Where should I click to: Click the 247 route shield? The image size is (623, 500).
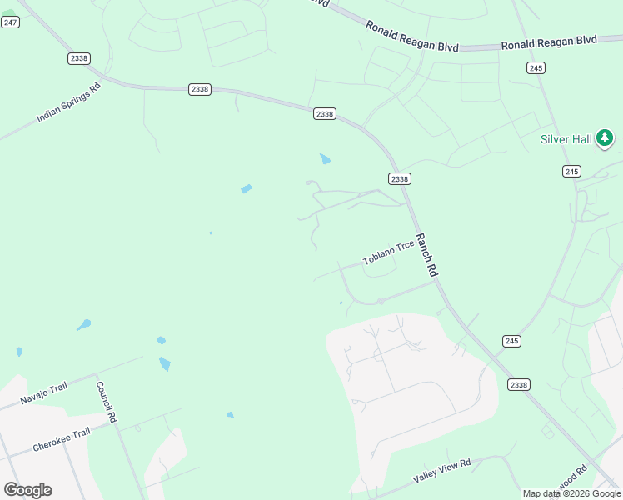(x=10, y=22)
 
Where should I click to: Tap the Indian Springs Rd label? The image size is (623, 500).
(x=68, y=102)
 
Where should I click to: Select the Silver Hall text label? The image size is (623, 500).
(x=566, y=139)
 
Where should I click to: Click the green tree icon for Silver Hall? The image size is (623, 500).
(x=605, y=137)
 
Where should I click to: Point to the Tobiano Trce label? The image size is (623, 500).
(x=388, y=253)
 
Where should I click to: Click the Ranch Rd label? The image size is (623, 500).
(x=426, y=255)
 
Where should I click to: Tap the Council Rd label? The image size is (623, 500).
(x=106, y=402)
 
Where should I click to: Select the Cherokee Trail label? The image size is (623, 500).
(x=61, y=440)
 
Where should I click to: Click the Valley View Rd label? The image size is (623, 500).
(x=441, y=471)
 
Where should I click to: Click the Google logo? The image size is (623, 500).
(x=27, y=489)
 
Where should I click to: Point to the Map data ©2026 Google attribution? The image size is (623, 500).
(x=571, y=494)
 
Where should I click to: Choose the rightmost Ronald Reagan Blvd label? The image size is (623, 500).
(x=549, y=42)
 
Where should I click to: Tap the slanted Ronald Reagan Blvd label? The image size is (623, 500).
(x=411, y=37)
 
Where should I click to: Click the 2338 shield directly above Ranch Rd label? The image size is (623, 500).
(x=399, y=178)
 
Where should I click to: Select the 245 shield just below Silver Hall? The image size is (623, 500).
(x=571, y=171)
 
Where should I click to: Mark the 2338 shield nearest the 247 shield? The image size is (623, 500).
(x=79, y=58)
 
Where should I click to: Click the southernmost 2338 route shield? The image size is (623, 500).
(x=518, y=384)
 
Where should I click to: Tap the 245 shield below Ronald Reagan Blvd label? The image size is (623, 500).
(x=536, y=67)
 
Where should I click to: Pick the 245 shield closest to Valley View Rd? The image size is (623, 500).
(x=511, y=341)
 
